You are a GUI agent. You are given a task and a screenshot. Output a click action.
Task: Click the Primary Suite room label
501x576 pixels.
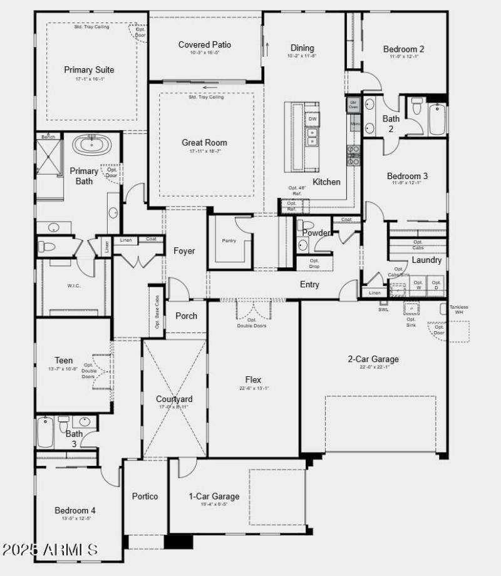[89, 70]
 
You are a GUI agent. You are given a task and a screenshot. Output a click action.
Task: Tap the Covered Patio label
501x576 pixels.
[205, 44]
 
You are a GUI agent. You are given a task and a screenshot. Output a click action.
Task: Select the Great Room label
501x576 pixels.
[205, 143]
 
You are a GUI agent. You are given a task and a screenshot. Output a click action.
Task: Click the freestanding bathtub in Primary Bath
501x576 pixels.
[92, 145]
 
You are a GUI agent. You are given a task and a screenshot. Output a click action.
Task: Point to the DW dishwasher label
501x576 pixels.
[312, 119]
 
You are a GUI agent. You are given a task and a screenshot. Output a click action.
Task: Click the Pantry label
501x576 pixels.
[229, 240]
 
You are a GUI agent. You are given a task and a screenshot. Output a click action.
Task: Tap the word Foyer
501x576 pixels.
[184, 251]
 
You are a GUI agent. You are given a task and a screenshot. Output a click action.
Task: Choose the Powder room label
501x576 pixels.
[316, 233]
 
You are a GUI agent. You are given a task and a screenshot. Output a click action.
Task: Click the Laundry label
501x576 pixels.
[426, 260]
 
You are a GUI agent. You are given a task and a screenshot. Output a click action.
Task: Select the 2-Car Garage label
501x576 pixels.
[373, 359]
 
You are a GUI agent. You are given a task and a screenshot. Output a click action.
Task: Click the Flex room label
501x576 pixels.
[254, 379]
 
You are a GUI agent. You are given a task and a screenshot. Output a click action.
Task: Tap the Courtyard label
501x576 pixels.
[174, 399]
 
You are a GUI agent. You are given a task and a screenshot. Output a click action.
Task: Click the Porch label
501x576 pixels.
[186, 316]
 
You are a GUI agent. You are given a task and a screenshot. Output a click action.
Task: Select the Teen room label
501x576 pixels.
[64, 361]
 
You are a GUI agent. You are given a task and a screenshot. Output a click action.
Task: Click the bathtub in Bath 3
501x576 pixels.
[46, 432]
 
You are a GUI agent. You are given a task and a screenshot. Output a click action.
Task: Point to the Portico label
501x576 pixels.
[145, 496]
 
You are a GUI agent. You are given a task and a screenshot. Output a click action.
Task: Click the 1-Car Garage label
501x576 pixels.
[214, 496]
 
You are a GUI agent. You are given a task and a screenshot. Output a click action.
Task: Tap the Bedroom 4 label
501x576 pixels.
[75, 510]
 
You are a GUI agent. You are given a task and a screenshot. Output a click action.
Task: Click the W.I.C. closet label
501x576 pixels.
[75, 285]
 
